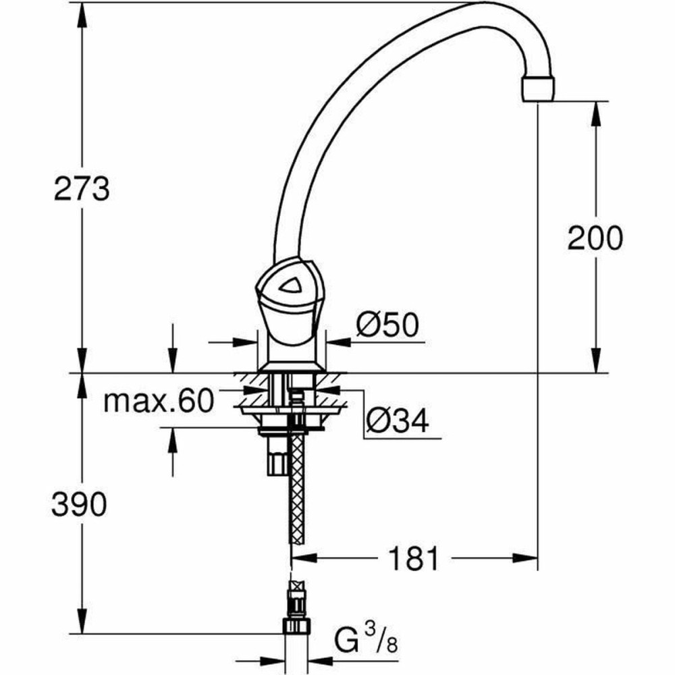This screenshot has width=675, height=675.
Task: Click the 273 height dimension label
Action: click(x=82, y=190)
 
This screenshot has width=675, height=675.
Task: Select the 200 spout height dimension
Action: click(x=595, y=238)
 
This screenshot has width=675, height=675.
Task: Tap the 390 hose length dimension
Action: click(x=79, y=504)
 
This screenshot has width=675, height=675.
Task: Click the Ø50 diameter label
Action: click(x=387, y=326)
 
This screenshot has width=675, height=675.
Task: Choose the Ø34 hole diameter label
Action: click(x=398, y=422)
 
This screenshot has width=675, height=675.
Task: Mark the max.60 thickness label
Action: click(x=158, y=402)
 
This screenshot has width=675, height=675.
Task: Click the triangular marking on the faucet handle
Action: click(x=292, y=288)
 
